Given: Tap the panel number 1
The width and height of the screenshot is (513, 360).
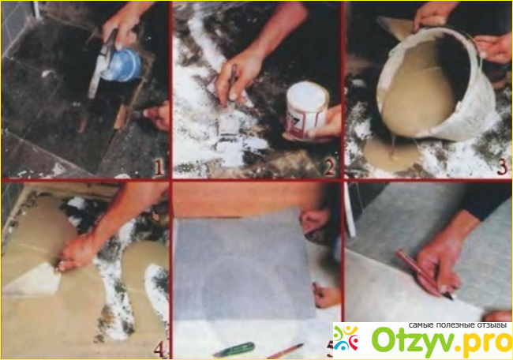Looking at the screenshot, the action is pyautogui.click(x=159, y=167).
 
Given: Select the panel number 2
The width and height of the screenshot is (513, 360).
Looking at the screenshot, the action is pyautogui.click(x=330, y=167).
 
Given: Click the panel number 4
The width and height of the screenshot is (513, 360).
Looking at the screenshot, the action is pyautogui.click(x=159, y=349).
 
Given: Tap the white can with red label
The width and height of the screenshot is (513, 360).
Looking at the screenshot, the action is pyautogui.click(x=306, y=110).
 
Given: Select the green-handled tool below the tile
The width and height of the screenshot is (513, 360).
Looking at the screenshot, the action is pyautogui.click(x=234, y=349).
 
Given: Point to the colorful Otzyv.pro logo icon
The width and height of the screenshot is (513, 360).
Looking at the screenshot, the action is pyautogui.click(x=346, y=339).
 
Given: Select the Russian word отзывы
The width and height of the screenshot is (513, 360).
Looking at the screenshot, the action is pyautogui.click(x=489, y=325).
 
